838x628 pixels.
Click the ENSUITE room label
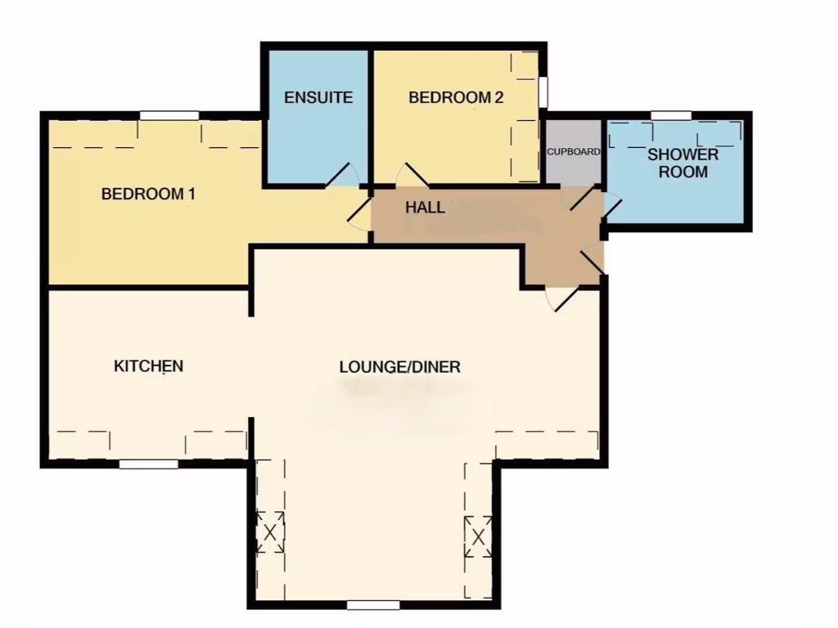pyautogui.click(x=318, y=97)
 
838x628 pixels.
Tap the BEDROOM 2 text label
pyautogui.click(x=456, y=97)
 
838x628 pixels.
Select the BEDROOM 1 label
pyautogui.click(x=148, y=195)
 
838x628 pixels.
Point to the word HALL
pyautogui.click(x=426, y=208)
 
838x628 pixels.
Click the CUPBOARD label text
pyautogui.click(x=574, y=152)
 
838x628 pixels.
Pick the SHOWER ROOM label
pyautogui.click(x=683, y=164)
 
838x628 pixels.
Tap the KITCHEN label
pyautogui.click(x=148, y=366)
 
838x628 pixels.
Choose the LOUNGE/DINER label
pyautogui.click(x=400, y=366)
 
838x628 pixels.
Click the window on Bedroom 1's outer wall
pyautogui.click(x=169, y=115)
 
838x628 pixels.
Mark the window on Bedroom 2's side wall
pyautogui.click(x=543, y=92)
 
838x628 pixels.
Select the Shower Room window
pyautogui.click(x=670, y=115)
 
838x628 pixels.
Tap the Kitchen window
pyautogui.click(x=148, y=464)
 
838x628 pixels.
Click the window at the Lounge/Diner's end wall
pyautogui.click(x=373, y=605)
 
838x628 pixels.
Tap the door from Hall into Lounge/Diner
pyautogui.click(x=562, y=298)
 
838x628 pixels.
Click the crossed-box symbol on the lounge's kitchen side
pyautogui.click(x=270, y=532)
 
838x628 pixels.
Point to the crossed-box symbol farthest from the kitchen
pyautogui.click(x=478, y=537)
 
